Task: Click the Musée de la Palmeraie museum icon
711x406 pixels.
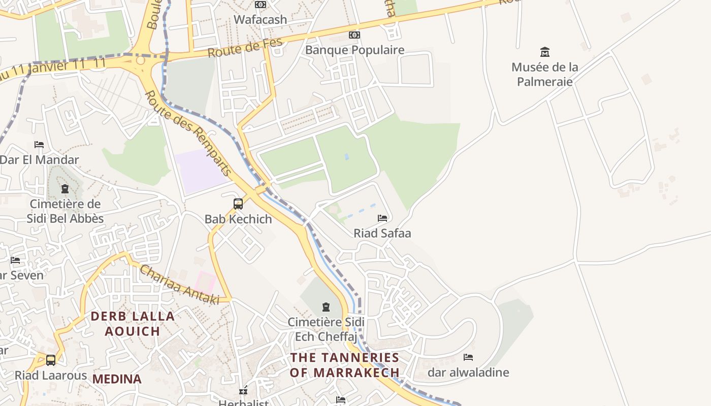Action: [545, 52]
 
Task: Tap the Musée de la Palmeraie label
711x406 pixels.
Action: [545, 74]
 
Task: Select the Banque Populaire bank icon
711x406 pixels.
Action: [354, 35]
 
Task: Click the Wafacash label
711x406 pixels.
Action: [260, 20]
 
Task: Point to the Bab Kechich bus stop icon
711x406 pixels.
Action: [238, 204]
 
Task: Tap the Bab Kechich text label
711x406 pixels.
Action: [238, 219]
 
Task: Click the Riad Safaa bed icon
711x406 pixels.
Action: [382, 218]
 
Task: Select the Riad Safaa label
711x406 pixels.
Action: [382, 233]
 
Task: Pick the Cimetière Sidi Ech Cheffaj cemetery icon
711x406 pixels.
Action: [326, 307]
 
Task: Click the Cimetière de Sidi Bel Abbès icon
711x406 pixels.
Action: [65, 189]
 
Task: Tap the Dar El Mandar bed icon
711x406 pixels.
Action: [39, 145]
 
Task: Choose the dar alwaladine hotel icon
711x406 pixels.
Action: [468, 357]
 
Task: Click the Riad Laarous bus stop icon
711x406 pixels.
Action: [51, 360]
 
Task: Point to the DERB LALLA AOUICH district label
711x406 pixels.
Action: [132, 324]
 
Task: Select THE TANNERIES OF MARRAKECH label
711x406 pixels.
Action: [345, 365]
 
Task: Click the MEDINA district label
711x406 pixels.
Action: [117, 379]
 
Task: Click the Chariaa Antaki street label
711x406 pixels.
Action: [179, 285]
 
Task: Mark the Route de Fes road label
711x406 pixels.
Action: [245, 49]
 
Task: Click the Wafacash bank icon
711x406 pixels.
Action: [261, 5]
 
